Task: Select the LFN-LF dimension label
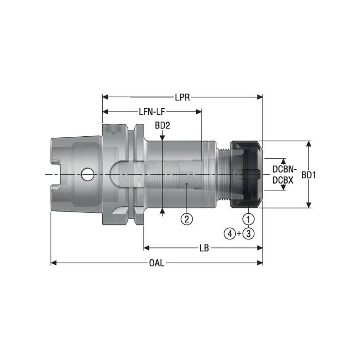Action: pos(152,111)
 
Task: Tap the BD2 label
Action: pos(162,126)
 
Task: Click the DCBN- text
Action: pos(284,170)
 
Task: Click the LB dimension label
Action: pos(203,247)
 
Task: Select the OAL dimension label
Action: pos(157,262)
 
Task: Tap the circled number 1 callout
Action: pos(249,219)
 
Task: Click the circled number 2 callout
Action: pos(187,219)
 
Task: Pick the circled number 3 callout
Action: pos(249,233)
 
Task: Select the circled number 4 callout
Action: pos(229,233)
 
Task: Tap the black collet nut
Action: pos(245,175)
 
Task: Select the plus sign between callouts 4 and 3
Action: pos(239,233)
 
